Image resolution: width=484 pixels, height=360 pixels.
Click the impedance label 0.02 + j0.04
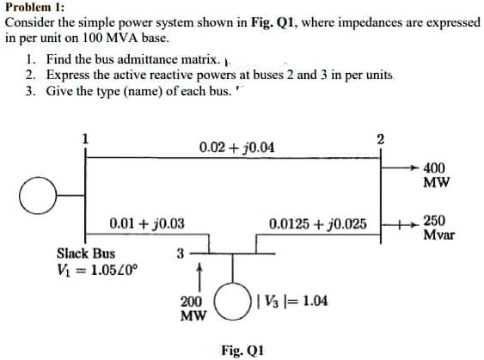coord(236,148)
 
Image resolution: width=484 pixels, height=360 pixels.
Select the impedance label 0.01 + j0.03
coord(147,223)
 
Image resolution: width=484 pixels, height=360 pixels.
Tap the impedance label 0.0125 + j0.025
coord(318,224)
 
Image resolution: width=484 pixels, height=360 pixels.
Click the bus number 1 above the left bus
coord(85,139)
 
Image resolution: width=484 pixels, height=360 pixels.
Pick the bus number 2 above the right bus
coord(381,139)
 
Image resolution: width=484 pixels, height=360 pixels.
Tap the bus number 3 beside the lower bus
coord(181,253)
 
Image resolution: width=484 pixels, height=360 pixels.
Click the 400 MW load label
coord(437,175)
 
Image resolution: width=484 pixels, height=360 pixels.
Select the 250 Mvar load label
coord(438,228)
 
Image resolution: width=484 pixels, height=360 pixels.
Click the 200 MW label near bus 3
coord(193,308)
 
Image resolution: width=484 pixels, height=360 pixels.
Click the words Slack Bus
coord(86,253)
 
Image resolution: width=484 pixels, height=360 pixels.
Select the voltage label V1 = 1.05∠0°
coord(97,271)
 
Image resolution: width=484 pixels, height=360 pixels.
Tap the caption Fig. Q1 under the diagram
coord(242,351)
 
